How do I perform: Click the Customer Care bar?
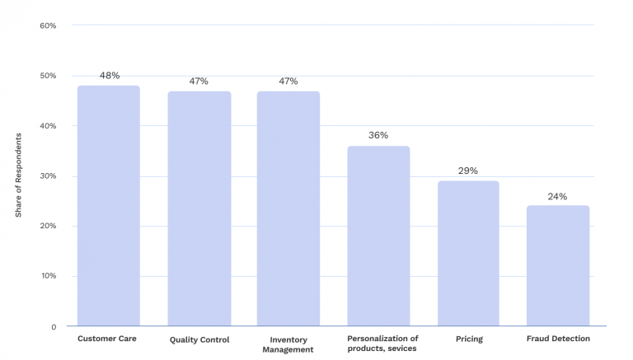pos(109,206)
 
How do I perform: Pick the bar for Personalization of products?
pos(378,236)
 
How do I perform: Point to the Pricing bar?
pos(468,253)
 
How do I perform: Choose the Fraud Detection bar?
pos(558,265)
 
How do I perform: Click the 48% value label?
pos(109,76)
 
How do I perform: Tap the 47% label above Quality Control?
pos(198,82)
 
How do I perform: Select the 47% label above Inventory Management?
pos(288,82)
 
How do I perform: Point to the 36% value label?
pos(378,135)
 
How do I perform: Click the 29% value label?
pos(468,171)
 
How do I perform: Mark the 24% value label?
pos(557,197)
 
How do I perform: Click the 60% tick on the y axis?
pos(48,26)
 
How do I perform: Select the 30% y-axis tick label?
pos(48,176)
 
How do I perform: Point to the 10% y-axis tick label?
pos(48,276)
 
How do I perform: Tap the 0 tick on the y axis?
pos(53,326)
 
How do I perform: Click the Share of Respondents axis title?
pos(18,175)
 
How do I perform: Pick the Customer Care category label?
pos(107,339)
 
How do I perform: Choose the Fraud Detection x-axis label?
pos(558,339)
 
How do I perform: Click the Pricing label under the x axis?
pos(468,339)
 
